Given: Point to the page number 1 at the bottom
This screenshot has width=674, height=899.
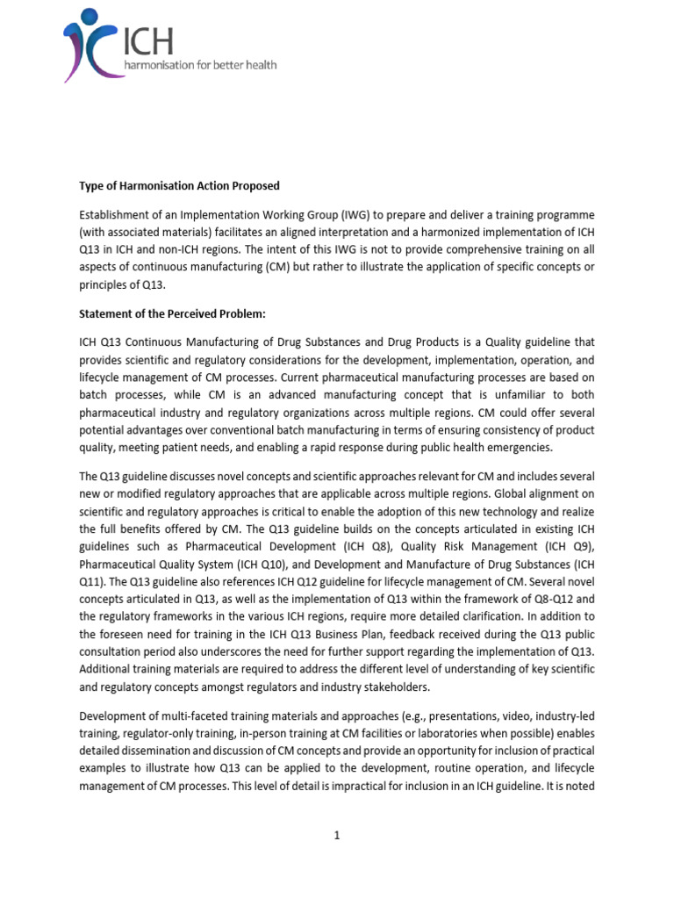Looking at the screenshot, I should [336, 835].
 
